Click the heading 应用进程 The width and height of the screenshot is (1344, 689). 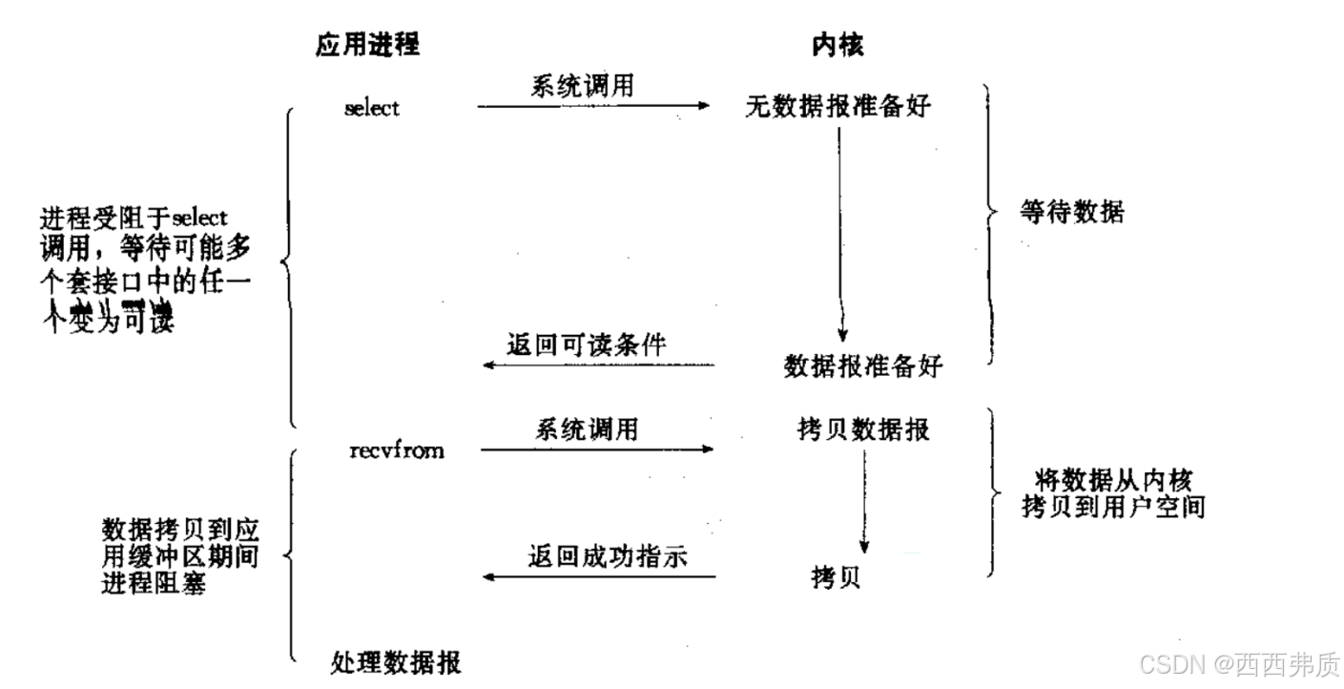coord(367,44)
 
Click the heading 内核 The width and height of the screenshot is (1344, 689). coord(837,44)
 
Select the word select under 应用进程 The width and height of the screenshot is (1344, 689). coord(372,108)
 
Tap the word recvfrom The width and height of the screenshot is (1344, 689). coord(397,449)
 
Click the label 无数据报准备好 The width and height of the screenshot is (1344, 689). coord(838,107)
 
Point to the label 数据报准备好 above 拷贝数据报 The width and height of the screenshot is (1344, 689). coord(863,365)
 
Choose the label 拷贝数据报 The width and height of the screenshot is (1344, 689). coord(863,428)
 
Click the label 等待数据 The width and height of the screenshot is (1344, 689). coord(1072,211)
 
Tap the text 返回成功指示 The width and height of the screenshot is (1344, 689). coord(608,555)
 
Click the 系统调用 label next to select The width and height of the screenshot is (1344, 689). coord(582,86)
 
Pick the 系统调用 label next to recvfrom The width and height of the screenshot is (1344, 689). coord(586,428)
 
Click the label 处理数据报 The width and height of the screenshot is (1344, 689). coord(396,661)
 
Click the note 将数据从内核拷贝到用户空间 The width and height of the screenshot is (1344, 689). coord(1111,492)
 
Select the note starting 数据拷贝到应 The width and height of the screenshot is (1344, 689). coord(179,555)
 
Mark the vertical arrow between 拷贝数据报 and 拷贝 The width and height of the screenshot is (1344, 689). coord(864,501)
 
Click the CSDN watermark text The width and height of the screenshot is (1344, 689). coord(1240,662)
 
